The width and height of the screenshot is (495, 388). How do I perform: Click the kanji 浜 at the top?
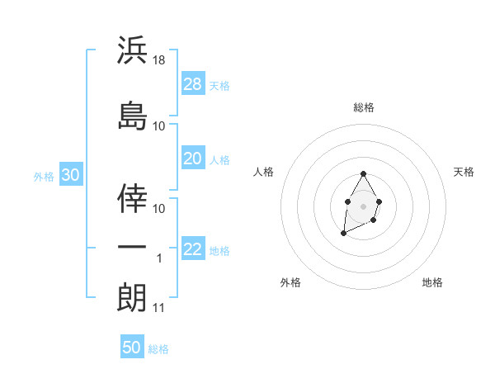pyautogui.click(x=132, y=50)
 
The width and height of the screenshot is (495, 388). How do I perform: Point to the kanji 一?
pyautogui.click(x=132, y=248)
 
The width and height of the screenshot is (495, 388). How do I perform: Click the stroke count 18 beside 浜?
pyautogui.click(x=160, y=60)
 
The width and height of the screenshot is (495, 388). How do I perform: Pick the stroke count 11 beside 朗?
pyautogui.click(x=159, y=308)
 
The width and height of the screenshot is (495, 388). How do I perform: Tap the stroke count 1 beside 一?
pyautogui.click(x=160, y=258)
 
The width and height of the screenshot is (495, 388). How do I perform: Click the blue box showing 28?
pyautogui.click(x=193, y=83)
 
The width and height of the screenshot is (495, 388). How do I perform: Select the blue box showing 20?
pyautogui.click(x=193, y=159)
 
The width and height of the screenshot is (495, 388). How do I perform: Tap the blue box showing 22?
pyautogui.click(x=193, y=249)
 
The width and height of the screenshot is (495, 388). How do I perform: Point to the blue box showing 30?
pyautogui.click(x=70, y=174)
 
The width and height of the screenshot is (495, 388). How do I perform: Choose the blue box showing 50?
pyautogui.click(x=132, y=348)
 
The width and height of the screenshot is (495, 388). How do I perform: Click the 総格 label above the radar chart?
pyautogui.click(x=364, y=107)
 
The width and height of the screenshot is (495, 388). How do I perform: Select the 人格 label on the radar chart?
pyautogui.click(x=264, y=172)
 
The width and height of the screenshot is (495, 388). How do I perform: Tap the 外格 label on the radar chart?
pyautogui.click(x=290, y=282)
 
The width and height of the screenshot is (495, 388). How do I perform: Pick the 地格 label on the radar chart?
pyautogui.click(x=432, y=282)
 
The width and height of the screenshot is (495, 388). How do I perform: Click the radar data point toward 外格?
pyautogui.click(x=343, y=234)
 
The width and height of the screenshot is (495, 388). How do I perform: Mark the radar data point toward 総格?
pyautogui.click(x=364, y=173)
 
